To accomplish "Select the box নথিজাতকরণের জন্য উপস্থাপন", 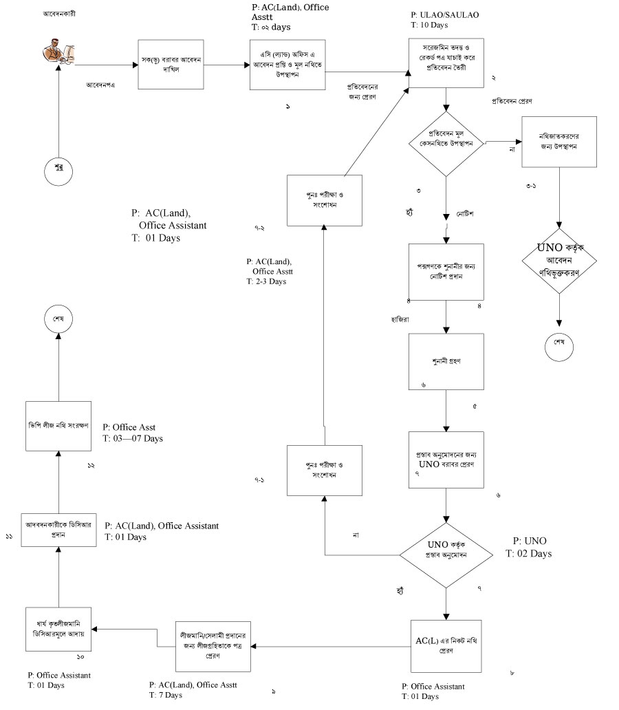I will (x=558, y=142).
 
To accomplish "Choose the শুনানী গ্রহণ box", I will (x=446, y=362).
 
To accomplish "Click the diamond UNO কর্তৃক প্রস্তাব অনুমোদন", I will (x=446, y=552).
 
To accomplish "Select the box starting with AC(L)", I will (x=446, y=645).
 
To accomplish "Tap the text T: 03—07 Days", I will (x=133, y=438).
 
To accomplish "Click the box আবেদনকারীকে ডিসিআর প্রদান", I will (x=58, y=528).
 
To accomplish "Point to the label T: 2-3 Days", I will (x=266, y=282).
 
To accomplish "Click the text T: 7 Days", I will (x=166, y=696).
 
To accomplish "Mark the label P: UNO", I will (x=530, y=541).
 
